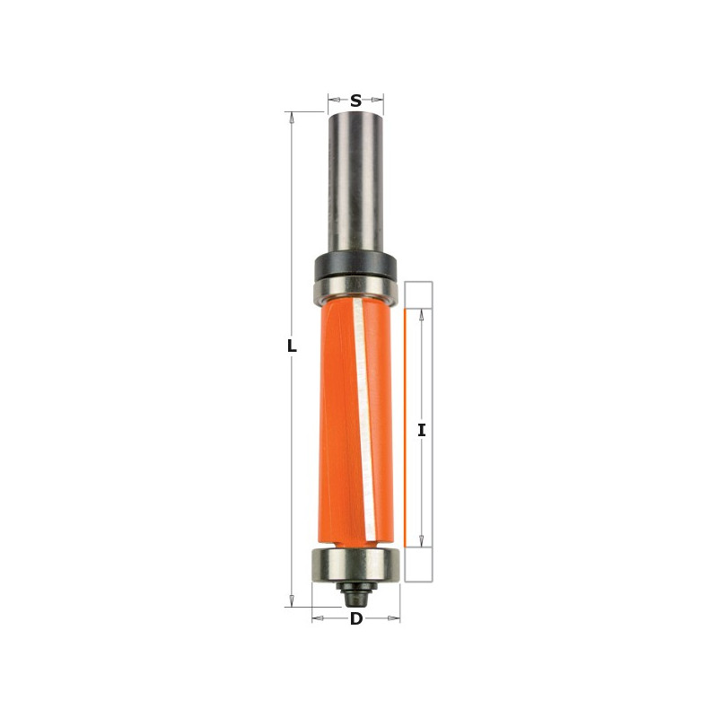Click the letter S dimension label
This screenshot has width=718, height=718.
click(355, 101)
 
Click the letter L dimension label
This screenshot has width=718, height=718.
click(292, 346)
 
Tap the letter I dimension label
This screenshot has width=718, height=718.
click(422, 431)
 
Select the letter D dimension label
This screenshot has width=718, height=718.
click(356, 619)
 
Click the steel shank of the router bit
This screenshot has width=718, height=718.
click(355, 182)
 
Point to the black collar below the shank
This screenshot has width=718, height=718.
click(355, 266)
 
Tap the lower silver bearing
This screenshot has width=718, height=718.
click(355, 565)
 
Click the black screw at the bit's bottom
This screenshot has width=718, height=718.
click(356, 593)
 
